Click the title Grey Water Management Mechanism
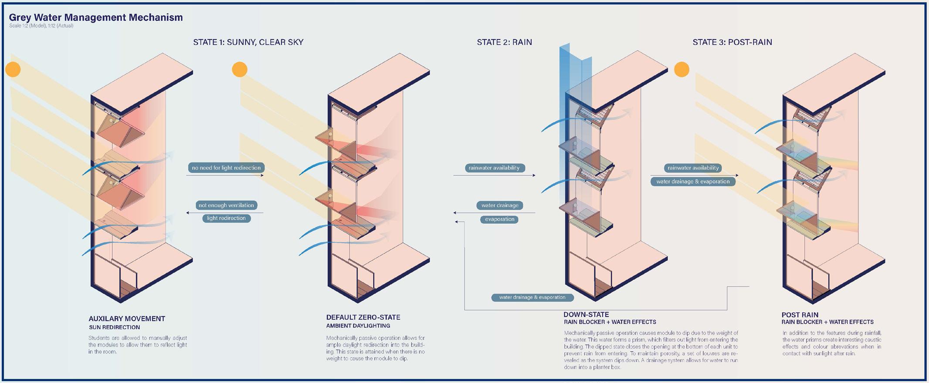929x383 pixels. pyautogui.click(x=96, y=17)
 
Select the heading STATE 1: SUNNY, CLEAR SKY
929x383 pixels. pyautogui.click(x=248, y=42)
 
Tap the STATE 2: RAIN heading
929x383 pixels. pyautogui.click(x=504, y=42)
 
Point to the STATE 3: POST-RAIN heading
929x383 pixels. pyautogui.click(x=732, y=42)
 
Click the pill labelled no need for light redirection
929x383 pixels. pyautogui.click(x=226, y=168)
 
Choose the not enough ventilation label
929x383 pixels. pyautogui.click(x=226, y=205)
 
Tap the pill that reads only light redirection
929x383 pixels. pyautogui.click(x=226, y=218)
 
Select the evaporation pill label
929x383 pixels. pyautogui.click(x=499, y=219)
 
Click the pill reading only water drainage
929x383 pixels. pyautogui.click(x=500, y=205)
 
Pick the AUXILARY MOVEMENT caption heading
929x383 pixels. pyautogui.click(x=127, y=319)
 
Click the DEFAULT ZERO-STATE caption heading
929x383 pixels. pyautogui.click(x=363, y=317)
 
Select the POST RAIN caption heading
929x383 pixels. pyautogui.click(x=800, y=315)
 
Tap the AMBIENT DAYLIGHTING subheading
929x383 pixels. pyautogui.click(x=358, y=326)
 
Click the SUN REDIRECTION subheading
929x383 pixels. pyautogui.click(x=114, y=327)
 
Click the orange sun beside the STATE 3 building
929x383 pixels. pyautogui.click(x=681, y=69)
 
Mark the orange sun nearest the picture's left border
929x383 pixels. pyautogui.click(x=13, y=69)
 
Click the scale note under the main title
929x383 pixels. pyautogui.click(x=41, y=26)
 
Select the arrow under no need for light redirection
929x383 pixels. pyautogui.click(x=225, y=175)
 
